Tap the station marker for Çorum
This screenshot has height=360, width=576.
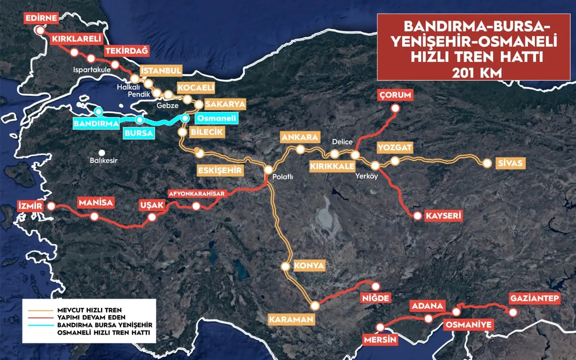[395, 108]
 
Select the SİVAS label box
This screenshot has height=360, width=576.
[511, 163]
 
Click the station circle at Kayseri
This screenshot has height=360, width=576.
[418, 216]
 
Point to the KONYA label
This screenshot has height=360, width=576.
[309, 265]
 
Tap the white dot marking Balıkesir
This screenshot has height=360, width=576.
[103, 153]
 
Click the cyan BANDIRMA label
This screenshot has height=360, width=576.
[96, 123]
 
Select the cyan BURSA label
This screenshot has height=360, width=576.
[139, 133]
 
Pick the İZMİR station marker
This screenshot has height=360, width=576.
[51, 206]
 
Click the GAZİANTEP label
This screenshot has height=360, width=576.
[535, 298]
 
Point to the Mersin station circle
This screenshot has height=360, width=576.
[381, 327]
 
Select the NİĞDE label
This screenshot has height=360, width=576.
[375, 298]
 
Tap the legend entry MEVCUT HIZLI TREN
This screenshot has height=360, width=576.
[89, 310]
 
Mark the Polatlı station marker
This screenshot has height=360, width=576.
[268, 170]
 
